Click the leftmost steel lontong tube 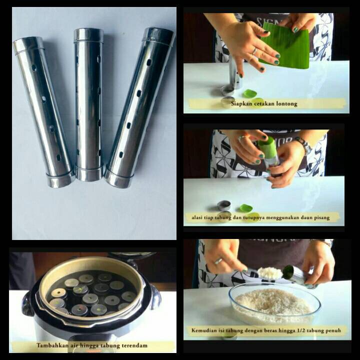[43, 112]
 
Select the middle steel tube [89, 104]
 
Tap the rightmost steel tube [139, 108]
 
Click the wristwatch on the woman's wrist [304, 144]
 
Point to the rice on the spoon [270, 272]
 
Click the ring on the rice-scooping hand [218, 261]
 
